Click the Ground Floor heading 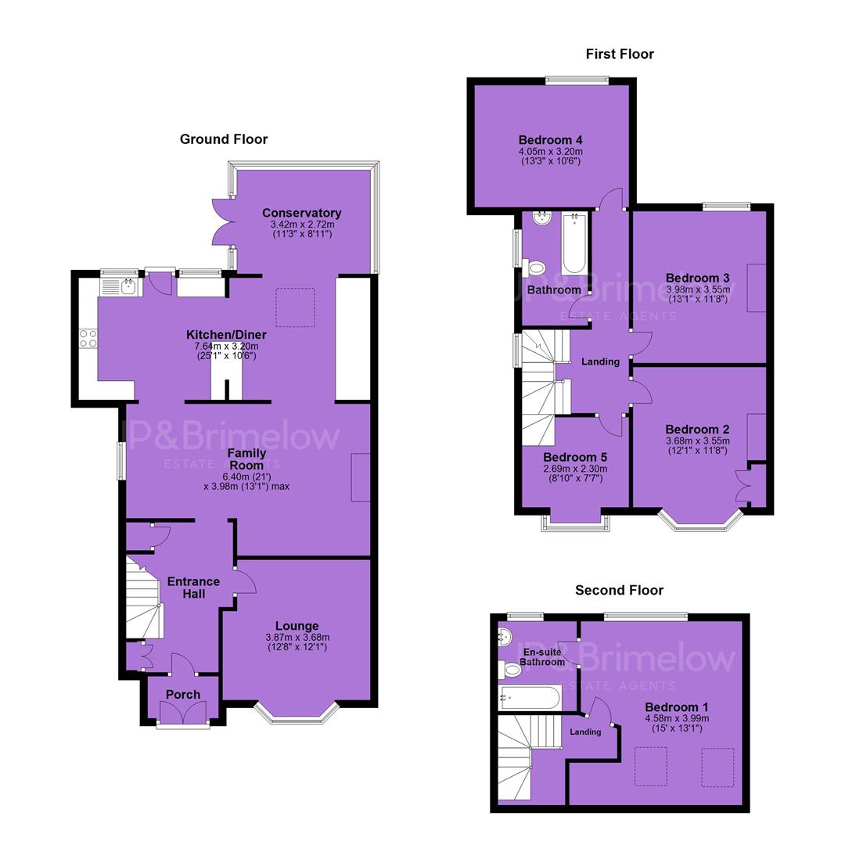pyautogui.click(x=224, y=139)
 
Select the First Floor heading pyautogui.click(x=620, y=54)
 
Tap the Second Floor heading pyautogui.click(x=619, y=590)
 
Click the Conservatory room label pyautogui.click(x=302, y=213)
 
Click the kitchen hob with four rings pyautogui.click(x=88, y=339)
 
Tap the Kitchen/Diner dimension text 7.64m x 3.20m pyautogui.click(x=226, y=346)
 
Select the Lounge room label pyautogui.click(x=297, y=626)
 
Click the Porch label pyautogui.click(x=183, y=695)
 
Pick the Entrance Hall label pyautogui.click(x=193, y=588)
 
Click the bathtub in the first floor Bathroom pyautogui.click(x=574, y=243)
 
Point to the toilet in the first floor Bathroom pyautogui.click(x=534, y=268)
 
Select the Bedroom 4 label pyautogui.click(x=550, y=140)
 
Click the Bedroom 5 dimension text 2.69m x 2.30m pyautogui.click(x=576, y=469)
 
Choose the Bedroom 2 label pyautogui.click(x=697, y=430)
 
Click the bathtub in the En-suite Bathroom pyautogui.click(x=530, y=699)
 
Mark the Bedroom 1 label pyautogui.click(x=677, y=707)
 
